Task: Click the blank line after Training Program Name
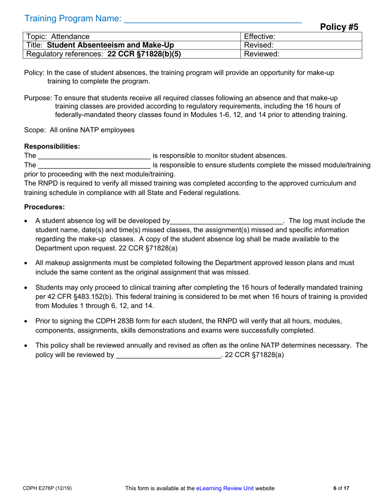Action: pos(212,20)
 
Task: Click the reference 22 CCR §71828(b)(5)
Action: pos(144,54)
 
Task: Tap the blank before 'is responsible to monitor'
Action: pos(94,156)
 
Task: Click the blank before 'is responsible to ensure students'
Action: pos(94,165)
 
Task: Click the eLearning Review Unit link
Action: pos(225,488)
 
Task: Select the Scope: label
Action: pos(35,130)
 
